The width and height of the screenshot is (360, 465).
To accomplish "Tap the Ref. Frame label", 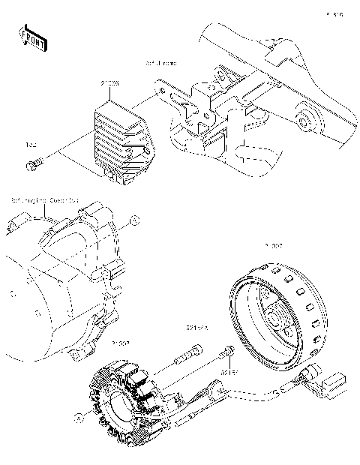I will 160,64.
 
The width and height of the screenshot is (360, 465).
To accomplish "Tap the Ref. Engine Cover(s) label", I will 44,201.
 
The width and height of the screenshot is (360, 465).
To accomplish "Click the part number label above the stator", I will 120,343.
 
